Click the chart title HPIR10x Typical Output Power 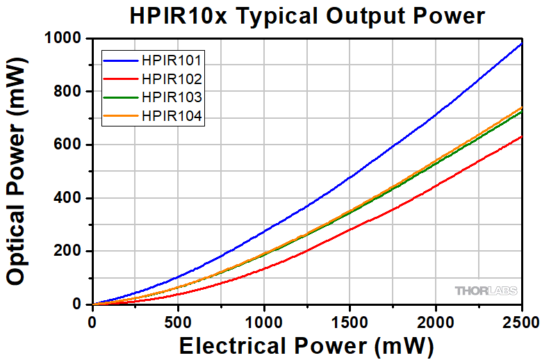pos(306,15)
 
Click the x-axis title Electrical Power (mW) pos(306,345)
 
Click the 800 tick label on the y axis pos(70,92)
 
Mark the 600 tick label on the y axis pos(70,145)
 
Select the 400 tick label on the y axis pos(70,198)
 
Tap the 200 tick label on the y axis pos(70,251)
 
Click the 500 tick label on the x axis pos(178,321)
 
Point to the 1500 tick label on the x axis pos(350,321)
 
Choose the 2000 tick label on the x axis pos(436,321)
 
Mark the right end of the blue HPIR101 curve pos(521,44)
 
